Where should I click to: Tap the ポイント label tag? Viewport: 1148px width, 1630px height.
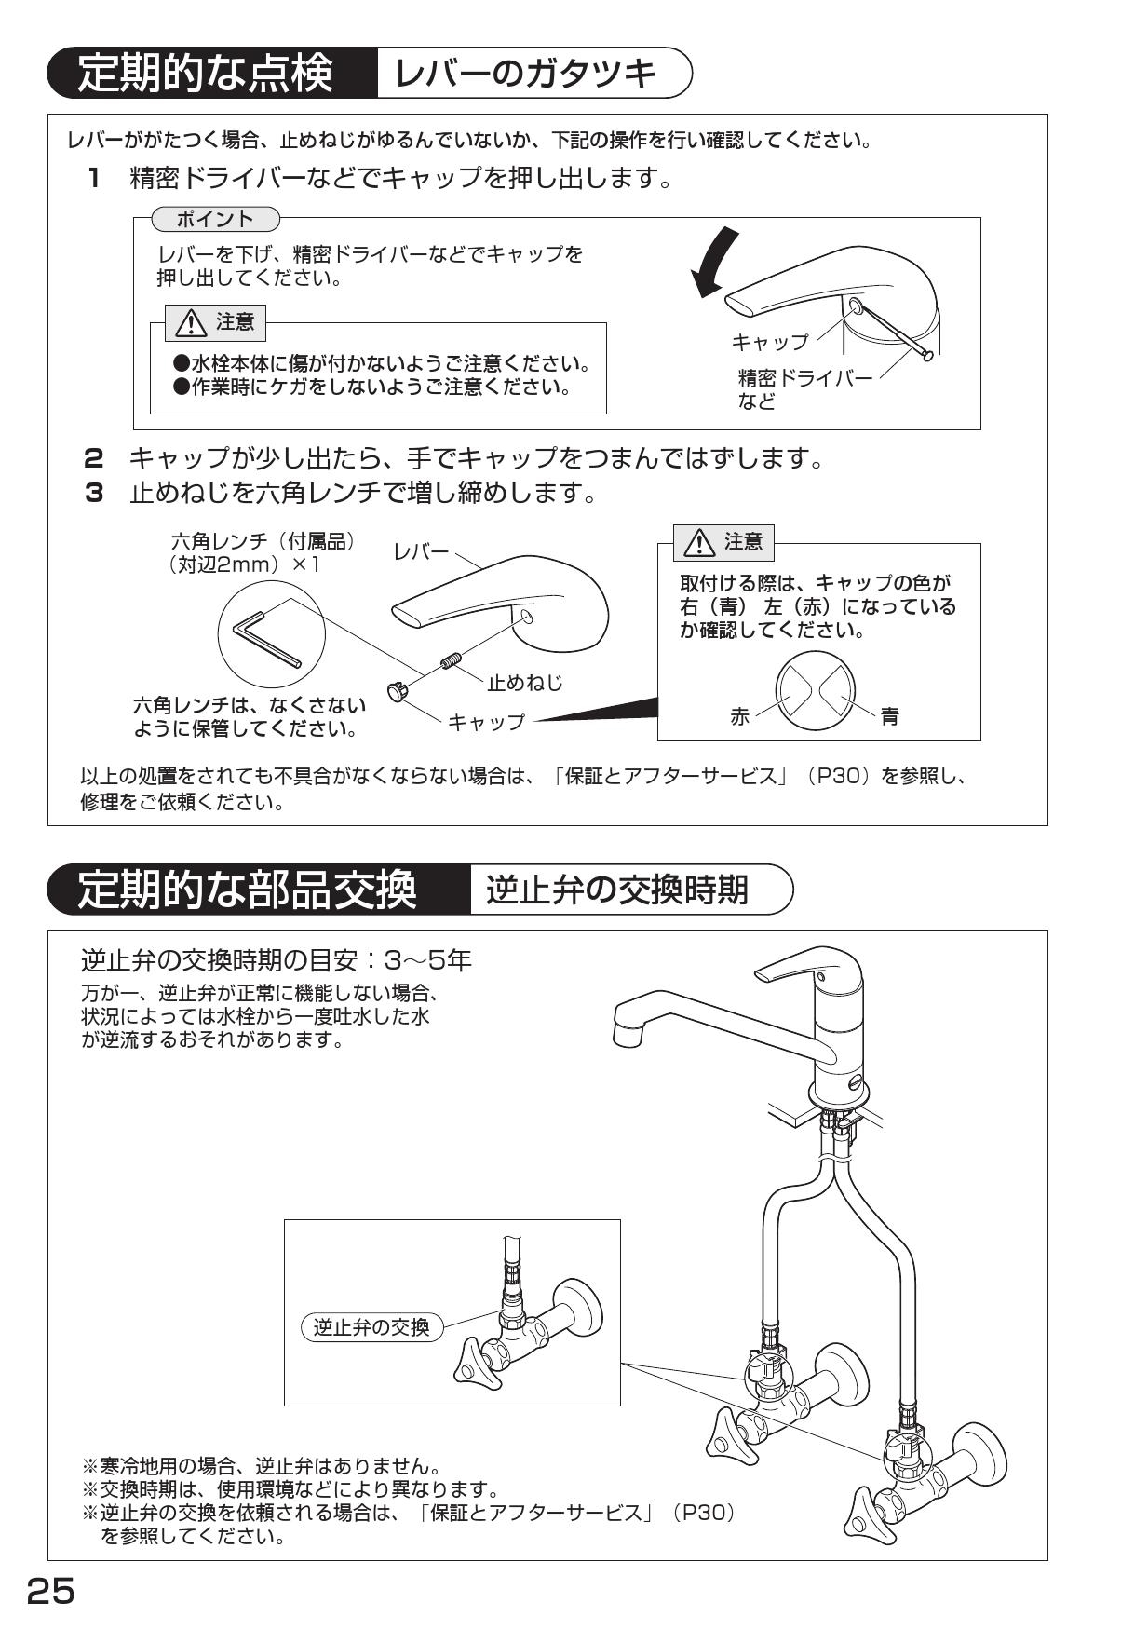pos(215,219)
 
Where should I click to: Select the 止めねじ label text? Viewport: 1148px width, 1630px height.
pos(525,683)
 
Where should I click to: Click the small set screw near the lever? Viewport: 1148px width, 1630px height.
pos(450,662)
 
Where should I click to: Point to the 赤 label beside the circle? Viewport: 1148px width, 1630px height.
pos(739,716)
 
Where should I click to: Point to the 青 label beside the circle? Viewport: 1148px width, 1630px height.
pos(890,716)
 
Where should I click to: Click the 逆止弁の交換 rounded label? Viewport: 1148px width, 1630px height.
pos(371,1327)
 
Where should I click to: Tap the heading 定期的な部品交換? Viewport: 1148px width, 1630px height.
pos(247,890)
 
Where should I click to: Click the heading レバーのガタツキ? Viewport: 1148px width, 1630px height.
pos(526,74)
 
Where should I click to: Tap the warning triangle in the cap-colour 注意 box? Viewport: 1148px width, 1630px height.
pos(698,543)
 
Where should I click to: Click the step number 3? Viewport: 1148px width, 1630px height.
pos(94,493)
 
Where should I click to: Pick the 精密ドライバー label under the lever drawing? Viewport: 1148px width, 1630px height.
pos(805,377)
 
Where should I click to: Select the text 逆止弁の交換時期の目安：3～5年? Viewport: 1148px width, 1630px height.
pos(277,959)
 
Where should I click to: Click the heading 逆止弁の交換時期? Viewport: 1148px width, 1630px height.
pos(617,890)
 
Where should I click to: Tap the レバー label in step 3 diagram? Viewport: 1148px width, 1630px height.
pos(421,551)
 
